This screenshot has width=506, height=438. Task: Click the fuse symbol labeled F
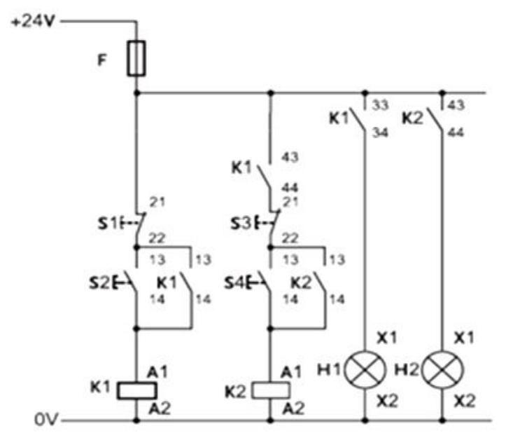pyautogui.click(x=136, y=58)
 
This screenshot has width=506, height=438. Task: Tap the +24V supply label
pyautogui.click(x=33, y=22)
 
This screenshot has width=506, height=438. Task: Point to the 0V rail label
pyautogui.click(x=46, y=419)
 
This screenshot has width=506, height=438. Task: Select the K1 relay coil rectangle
pyautogui.click(x=137, y=390)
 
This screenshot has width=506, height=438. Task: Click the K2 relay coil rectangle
pyautogui.click(x=270, y=390)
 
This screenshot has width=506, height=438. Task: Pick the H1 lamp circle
pyautogui.click(x=365, y=369)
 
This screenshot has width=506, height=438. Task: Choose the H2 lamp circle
pyautogui.click(x=443, y=369)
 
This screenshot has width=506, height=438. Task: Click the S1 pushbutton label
pyautogui.click(x=108, y=223)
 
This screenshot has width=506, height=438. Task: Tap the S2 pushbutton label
pyautogui.click(x=99, y=283)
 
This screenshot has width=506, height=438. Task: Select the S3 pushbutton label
pyautogui.click(x=241, y=224)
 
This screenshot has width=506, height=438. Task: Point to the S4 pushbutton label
pyautogui.click(x=234, y=283)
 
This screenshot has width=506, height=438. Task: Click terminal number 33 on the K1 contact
pyautogui.click(x=380, y=105)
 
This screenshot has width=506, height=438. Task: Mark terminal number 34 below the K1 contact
pyautogui.click(x=380, y=132)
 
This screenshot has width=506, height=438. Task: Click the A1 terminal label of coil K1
pyautogui.click(x=157, y=372)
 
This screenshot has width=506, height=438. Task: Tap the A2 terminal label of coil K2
pyautogui.click(x=293, y=409)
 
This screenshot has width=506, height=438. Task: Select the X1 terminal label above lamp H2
pyautogui.click(x=464, y=338)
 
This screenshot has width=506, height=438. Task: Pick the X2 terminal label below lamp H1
pyautogui.click(x=388, y=401)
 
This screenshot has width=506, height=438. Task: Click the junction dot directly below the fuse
pyautogui.click(x=136, y=93)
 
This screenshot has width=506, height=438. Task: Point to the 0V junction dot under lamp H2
pyautogui.click(x=442, y=420)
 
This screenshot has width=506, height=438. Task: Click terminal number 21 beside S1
pyautogui.click(x=157, y=202)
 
